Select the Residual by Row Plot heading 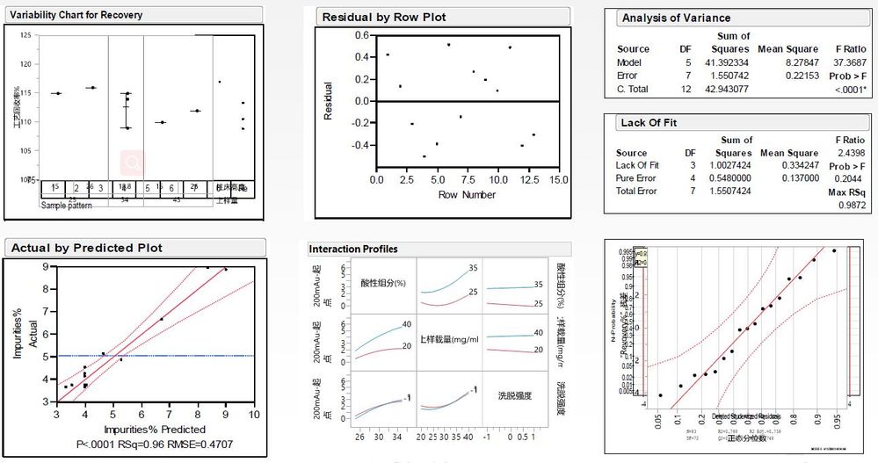(x=384, y=18)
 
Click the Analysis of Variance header (x=676, y=18)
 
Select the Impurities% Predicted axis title (x=155, y=430)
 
